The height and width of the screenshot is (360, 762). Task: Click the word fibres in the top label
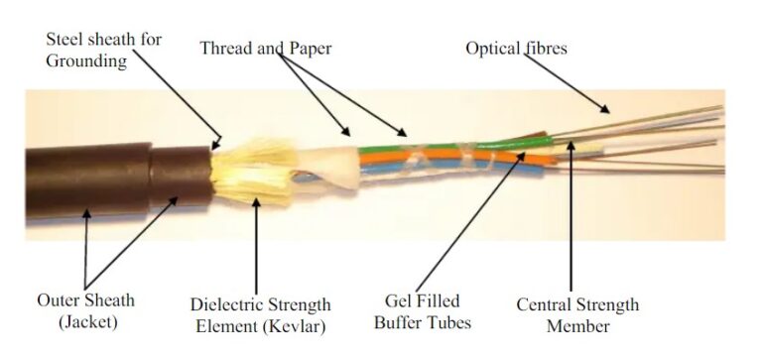pyautogui.click(x=547, y=48)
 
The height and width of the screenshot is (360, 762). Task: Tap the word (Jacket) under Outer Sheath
pyautogui.click(x=88, y=322)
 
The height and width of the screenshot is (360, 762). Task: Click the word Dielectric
pyautogui.click(x=227, y=303)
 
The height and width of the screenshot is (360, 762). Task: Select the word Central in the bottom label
pyautogui.click(x=544, y=304)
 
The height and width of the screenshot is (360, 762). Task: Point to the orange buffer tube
pyautogui.click(x=437, y=160)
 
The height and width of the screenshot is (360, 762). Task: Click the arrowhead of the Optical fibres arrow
pyautogui.click(x=606, y=108)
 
